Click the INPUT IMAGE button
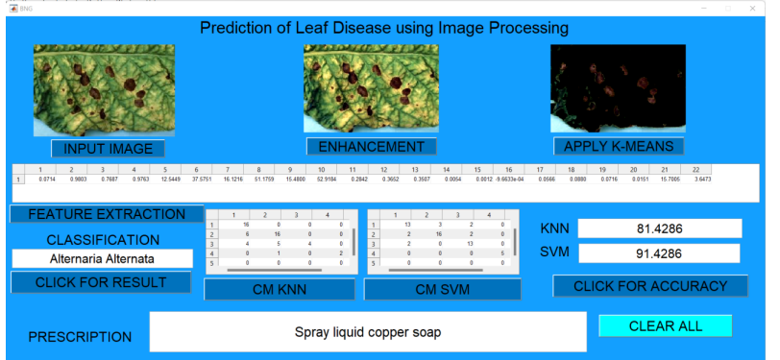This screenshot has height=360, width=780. [108, 149]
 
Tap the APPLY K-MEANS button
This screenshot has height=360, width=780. [619, 146]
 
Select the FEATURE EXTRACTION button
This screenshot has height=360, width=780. [107, 214]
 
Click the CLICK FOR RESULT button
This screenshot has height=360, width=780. [101, 282]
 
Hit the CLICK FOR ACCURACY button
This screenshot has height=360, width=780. [650, 286]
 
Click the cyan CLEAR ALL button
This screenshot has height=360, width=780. [665, 326]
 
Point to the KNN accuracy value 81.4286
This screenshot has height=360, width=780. [659, 228]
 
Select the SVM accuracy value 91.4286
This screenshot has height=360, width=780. [659, 253]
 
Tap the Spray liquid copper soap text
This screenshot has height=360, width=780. [368, 332]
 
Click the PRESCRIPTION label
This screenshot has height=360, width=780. [80, 337]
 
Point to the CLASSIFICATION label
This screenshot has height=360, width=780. [104, 239]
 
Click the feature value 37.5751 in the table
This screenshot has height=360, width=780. [202, 180]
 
